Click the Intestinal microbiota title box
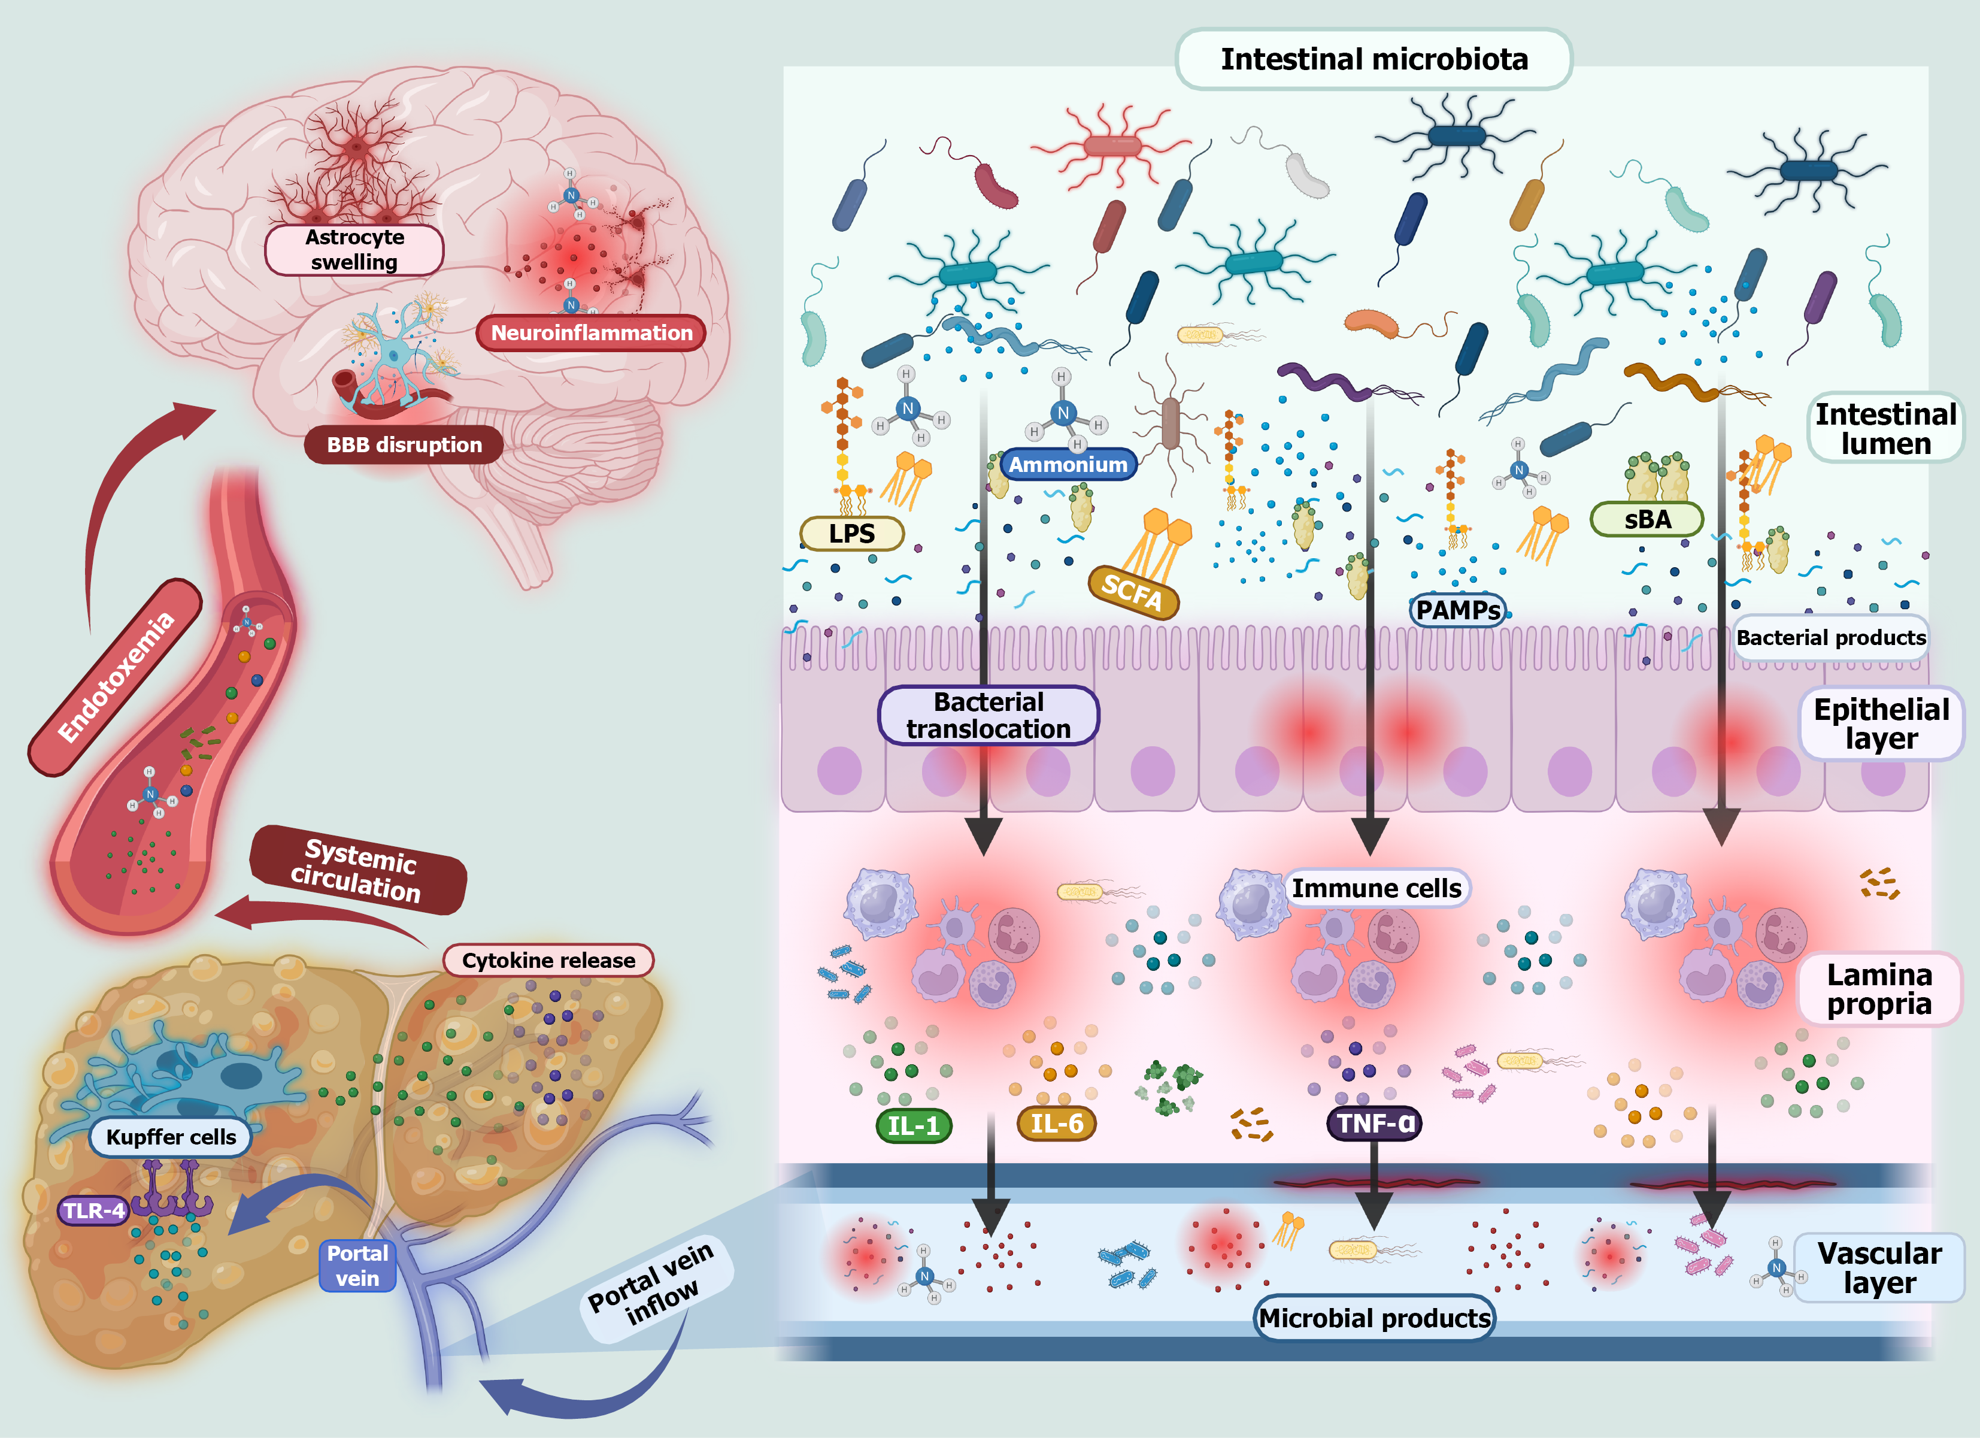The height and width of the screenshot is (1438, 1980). [x=1373, y=59]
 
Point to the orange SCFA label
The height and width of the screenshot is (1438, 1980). [x=1133, y=592]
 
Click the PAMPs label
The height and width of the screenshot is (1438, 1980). [x=1458, y=610]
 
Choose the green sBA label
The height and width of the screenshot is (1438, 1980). [x=1647, y=519]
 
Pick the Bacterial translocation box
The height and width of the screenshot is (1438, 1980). [x=989, y=715]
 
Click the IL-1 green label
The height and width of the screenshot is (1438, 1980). [x=913, y=1125]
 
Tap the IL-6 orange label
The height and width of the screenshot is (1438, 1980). [x=1056, y=1124]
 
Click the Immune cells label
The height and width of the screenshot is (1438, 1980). [x=1376, y=888]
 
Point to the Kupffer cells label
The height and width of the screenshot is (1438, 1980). [x=171, y=1137]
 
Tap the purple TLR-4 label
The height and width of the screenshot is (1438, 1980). [x=94, y=1210]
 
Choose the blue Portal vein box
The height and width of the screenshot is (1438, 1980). [x=357, y=1265]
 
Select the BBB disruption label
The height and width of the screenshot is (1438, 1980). [x=404, y=444]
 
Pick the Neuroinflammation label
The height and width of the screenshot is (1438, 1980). [x=591, y=332]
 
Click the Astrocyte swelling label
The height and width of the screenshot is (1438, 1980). [x=354, y=250]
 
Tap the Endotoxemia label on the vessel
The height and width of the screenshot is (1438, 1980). [x=116, y=677]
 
